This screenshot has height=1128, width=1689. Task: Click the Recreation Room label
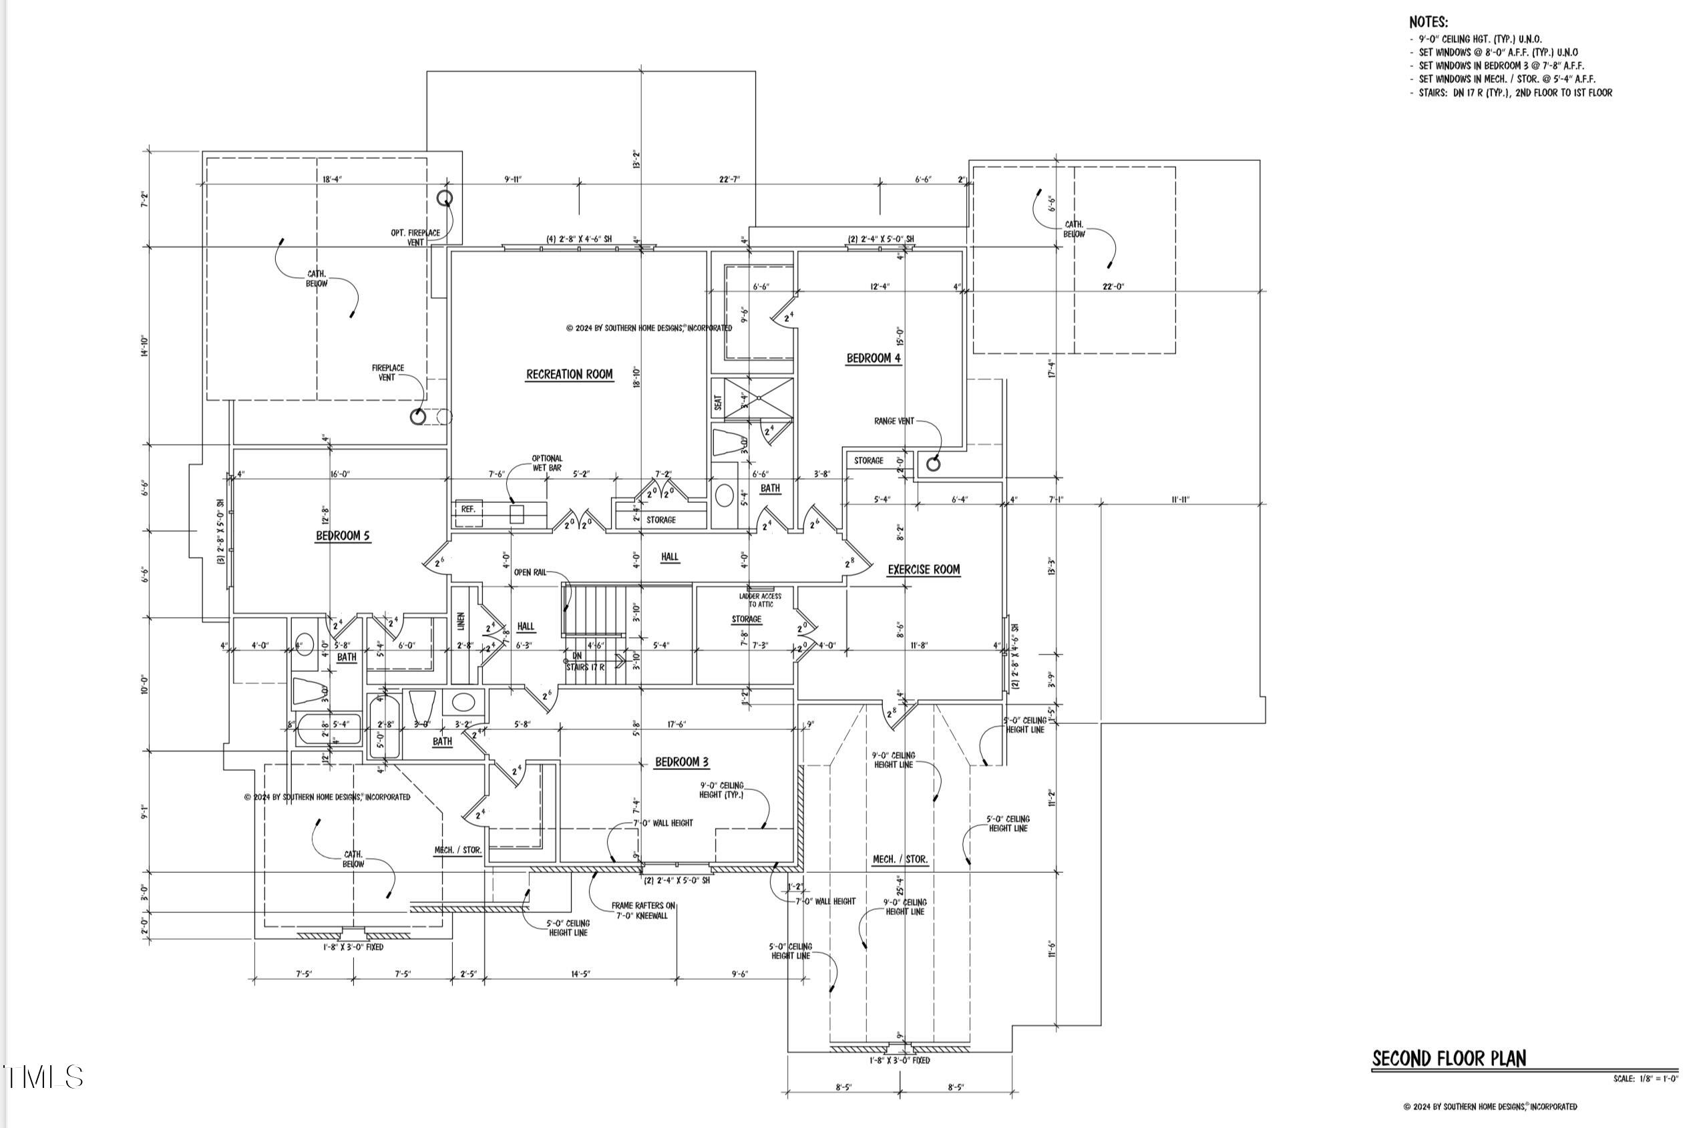coord(569,374)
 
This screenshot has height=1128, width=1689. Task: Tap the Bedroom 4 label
coord(873,358)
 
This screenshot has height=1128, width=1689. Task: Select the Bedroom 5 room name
coord(343,536)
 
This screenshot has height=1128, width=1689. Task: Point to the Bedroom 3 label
coord(681,762)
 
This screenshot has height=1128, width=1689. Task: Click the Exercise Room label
coord(923,570)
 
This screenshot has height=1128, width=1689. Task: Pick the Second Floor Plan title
coord(1449,1059)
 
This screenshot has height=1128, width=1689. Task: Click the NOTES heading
coord(1428,22)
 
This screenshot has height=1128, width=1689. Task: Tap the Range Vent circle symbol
coord(933,464)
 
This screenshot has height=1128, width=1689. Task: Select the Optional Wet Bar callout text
coord(547,463)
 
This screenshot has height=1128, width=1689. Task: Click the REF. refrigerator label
coord(468,510)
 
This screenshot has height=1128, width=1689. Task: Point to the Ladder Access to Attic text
coord(759,600)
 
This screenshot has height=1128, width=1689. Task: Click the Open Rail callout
coord(530,572)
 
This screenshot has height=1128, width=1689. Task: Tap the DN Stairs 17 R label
coord(584,662)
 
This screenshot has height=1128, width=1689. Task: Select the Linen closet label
coord(461,621)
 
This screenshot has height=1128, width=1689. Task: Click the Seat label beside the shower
coord(718,403)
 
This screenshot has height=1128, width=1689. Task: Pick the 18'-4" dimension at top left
coord(332,179)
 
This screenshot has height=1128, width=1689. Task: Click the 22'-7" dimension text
coord(729,179)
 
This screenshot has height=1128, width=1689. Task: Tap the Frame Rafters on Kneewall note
coord(643,911)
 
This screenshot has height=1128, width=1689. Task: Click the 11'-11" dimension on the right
coord(1180,500)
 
